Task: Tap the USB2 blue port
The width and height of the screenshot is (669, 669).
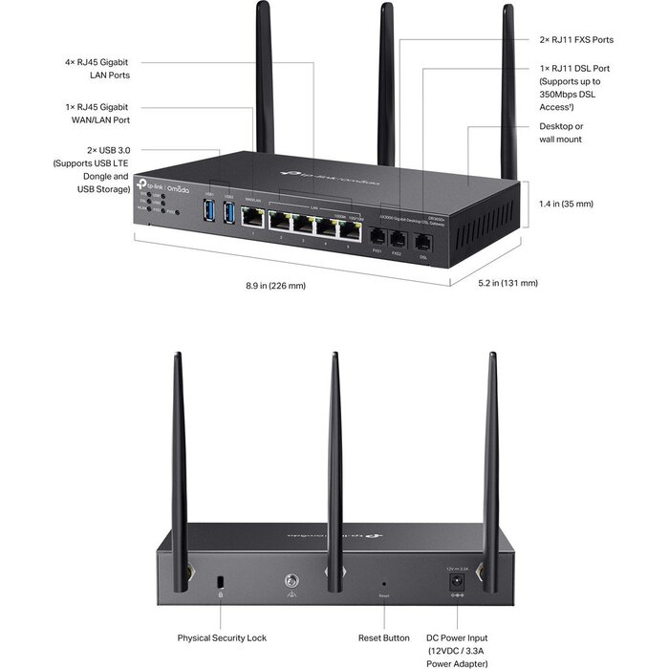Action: pos(228,214)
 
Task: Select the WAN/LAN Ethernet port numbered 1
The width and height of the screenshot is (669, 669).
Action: pos(253,219)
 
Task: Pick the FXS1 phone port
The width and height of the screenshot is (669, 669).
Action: pos(378,236)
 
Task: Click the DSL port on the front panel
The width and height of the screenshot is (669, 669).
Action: pos(423,241)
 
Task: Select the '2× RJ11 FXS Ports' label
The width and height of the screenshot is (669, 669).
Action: pos(576,40)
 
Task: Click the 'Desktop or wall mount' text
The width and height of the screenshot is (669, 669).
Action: pos(561,133)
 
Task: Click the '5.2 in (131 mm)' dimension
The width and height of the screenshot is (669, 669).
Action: pos(507,283)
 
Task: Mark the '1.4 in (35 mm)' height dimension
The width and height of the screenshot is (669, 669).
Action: pos(566,204)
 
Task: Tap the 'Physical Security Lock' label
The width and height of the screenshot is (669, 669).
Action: pos(222,637)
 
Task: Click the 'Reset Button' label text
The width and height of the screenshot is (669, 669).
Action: pos(383,637)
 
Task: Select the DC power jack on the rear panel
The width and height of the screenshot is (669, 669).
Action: pos(456,580)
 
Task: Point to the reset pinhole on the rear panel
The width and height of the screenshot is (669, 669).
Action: pos(384,582)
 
